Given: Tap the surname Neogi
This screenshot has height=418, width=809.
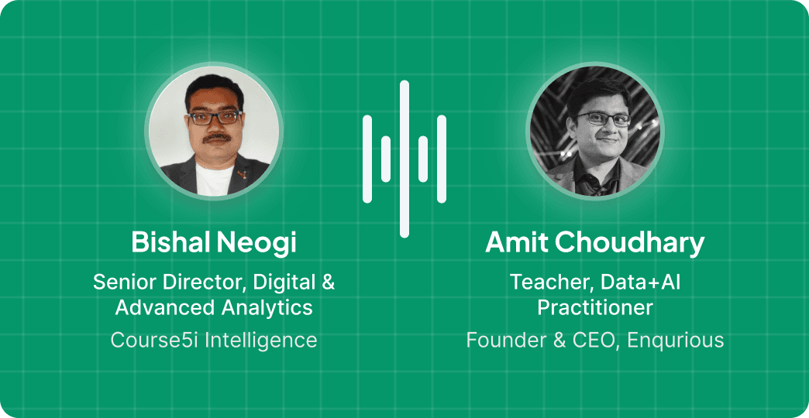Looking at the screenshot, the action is pyautogui.click(x=256, y=243).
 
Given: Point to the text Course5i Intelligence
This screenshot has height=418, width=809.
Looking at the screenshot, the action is pyautogui.click(x=214, y=340).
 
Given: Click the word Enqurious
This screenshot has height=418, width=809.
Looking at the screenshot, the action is pyautogui.click(x=676, y=340).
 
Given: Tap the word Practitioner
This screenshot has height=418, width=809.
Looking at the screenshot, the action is pyautogui.click(x=595, y=308).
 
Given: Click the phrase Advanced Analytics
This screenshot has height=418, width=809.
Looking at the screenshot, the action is pyautogui.click(x=214, y=308).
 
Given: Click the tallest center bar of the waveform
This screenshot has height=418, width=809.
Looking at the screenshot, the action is pyautogui.click(x=404, y=159).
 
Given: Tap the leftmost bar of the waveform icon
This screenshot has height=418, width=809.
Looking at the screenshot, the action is pyautogui.click(x=367, y=159).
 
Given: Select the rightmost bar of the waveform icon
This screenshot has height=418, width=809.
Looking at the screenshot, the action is pyautogui.click(x=442, y=159).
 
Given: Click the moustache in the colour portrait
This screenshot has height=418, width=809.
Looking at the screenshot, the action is pyautogui.click(x=216, y=138).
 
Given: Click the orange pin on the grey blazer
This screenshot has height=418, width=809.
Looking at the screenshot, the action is pyautogui.click(x=240, y=174).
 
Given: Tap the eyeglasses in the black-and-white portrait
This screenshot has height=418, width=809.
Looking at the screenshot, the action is pyautogui.click(x=604, y=119).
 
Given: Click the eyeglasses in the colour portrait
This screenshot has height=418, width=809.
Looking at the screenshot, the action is pyautogui.click(x=215, y=118).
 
